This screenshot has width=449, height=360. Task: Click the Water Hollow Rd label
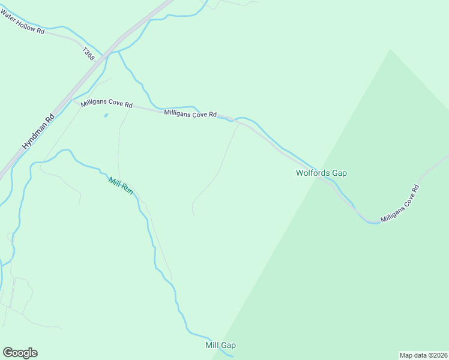(23, 25)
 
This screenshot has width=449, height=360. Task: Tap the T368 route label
(89, 53)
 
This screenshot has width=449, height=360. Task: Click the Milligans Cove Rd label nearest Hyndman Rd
(106, 104)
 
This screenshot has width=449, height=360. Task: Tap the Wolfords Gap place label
(321, 173)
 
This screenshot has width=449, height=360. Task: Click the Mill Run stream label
(121, 185)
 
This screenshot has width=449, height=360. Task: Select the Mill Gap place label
(220, 345)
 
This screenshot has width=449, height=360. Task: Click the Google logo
(20, 353)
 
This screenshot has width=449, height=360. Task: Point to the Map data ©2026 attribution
(423, 355)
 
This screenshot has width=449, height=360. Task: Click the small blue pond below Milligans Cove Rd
(106, 115)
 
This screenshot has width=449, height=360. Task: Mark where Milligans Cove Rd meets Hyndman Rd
(71, 100)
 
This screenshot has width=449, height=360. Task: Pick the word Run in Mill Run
(127, 188)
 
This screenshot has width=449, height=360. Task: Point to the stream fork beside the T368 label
(119, 52)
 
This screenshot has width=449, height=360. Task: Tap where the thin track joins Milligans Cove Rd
(239, 123)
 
